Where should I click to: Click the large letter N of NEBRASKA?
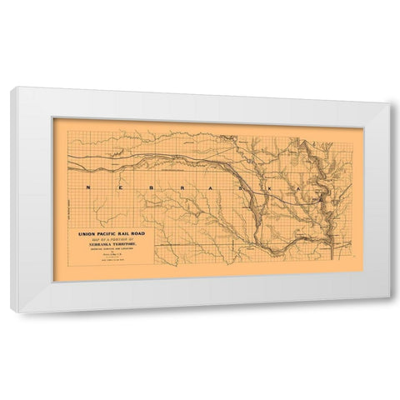87,189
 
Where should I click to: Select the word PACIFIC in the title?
112,234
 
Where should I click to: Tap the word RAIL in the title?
133,234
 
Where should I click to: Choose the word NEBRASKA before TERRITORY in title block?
100,247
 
